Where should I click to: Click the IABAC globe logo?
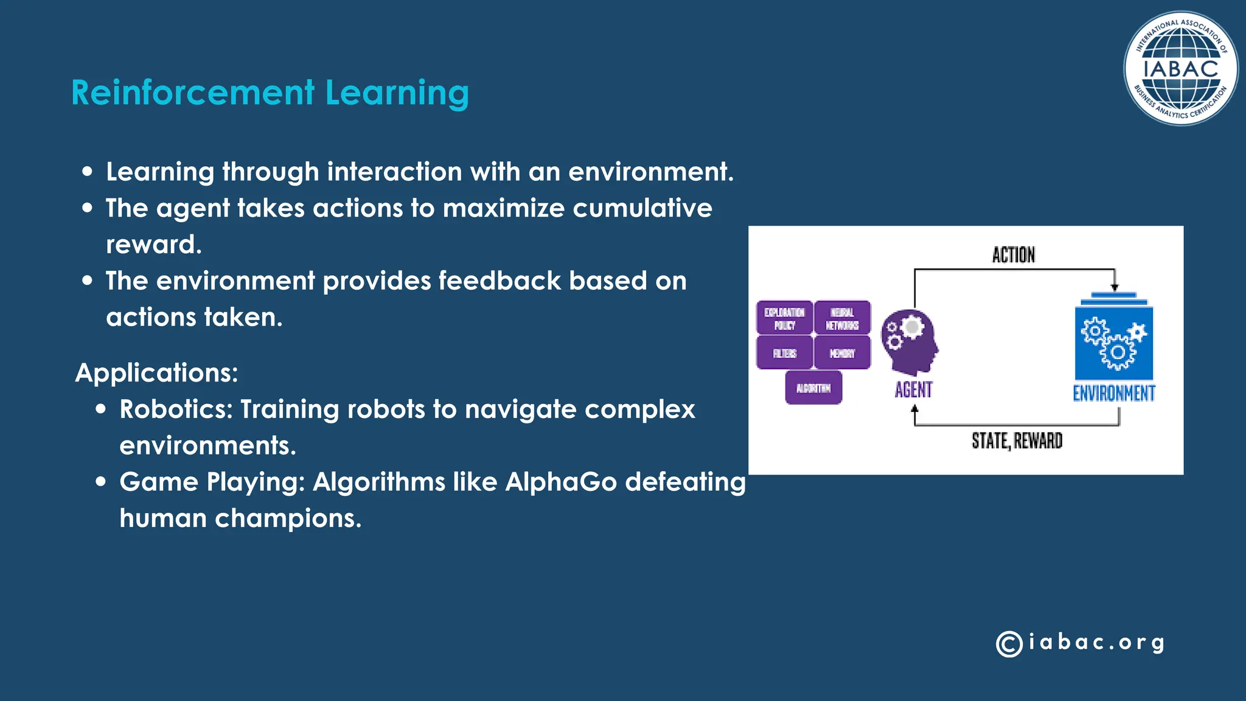[x=1180, y=68]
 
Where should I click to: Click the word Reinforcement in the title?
[x=193, y=92]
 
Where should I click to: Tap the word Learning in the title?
[x=397, y=92]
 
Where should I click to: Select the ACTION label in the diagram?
[x=1013, y=255]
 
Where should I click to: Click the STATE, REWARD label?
[x=1017, y=441]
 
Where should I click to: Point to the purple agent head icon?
[x=910, y=341]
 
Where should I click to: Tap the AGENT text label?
[x=913, y=389]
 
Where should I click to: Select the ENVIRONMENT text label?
[x=1113, y=393]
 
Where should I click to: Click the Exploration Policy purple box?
[x=784, y=318]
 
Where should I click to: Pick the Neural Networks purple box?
[x=842, y=318]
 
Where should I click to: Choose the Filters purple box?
[x=784, y=353]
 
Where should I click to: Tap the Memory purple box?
[x=842, y=353]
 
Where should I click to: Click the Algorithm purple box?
[x=813, y=388]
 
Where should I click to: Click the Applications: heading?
[x=156, y=372]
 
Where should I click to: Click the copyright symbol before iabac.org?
[x=1009, y=644]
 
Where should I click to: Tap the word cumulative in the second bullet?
[x=642, y=208]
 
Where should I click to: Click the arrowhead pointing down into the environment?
[x=1114, y=287]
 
